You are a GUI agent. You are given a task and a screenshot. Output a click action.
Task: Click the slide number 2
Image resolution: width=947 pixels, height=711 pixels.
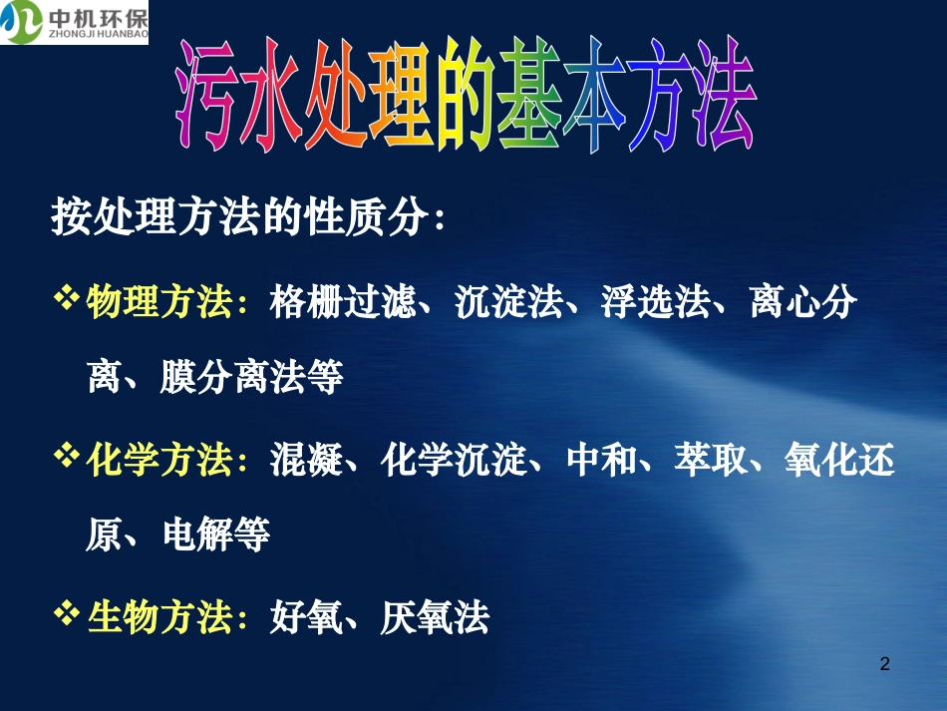click(885, 663)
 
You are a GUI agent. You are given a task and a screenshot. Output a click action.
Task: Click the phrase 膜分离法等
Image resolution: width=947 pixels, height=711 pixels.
click(252, 379)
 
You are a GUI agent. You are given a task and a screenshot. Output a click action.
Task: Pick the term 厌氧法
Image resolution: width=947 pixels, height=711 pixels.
click(435, 618)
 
